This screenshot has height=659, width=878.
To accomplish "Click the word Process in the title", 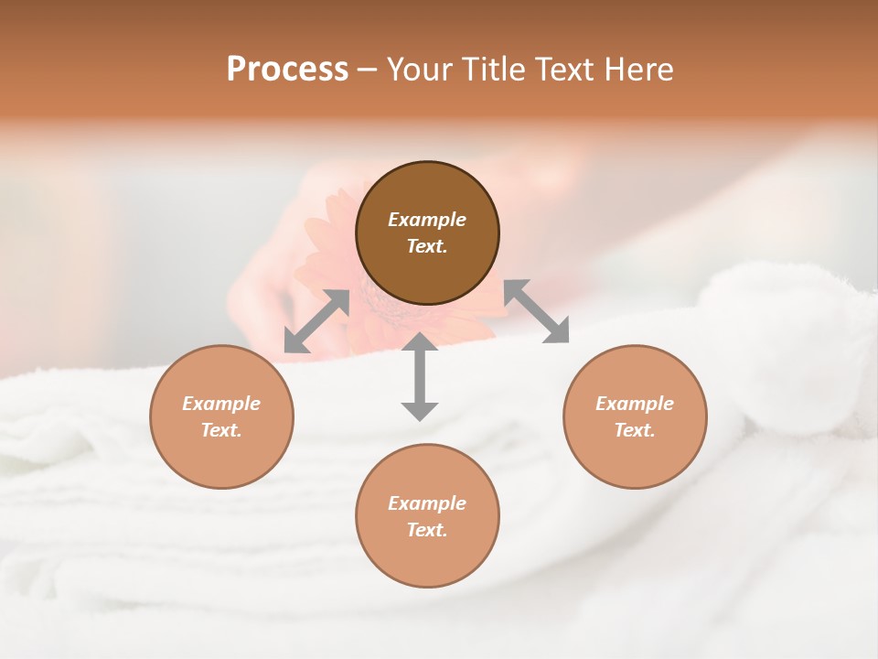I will click(x=287, y=70).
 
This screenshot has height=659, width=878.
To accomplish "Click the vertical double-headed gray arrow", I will click(x=420, y=376).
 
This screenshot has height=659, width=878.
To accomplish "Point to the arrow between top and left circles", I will click(x=316, y=321).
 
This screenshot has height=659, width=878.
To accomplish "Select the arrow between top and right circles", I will click(x=537, y=311).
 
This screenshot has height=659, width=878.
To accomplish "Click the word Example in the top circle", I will click(x=427, y=220).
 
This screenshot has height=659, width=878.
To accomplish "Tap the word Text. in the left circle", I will click(x=221, y=430).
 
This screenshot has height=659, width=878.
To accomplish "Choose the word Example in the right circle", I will click(x=635, y=404).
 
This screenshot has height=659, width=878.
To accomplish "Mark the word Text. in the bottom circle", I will click(x=427, y=530).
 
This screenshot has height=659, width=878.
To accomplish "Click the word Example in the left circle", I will click(x=221, y=404).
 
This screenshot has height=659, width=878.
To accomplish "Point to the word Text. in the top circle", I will click(x=427, y=246).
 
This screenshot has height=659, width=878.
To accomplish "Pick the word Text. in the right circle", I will click(x=635, y=430).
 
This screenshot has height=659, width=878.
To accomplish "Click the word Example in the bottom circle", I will click(x=427, y=503).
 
